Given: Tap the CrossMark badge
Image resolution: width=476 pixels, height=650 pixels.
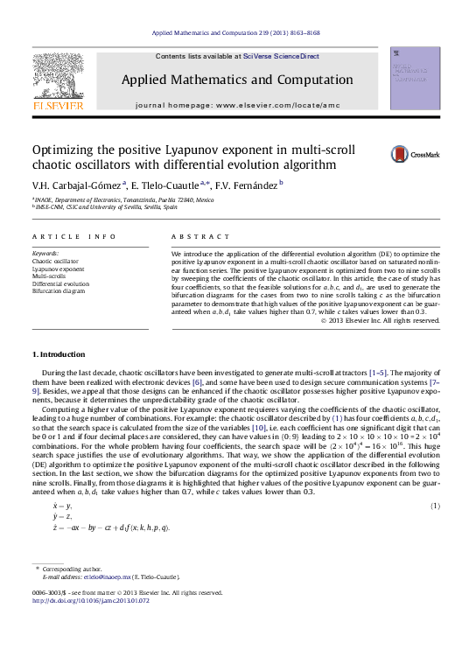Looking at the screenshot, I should click(415, 154).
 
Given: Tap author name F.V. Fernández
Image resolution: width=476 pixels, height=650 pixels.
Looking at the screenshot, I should click(247, 185).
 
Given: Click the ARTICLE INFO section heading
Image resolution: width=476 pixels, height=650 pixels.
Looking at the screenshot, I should click(73, 237).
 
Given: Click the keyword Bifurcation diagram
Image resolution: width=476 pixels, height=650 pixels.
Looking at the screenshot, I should click(59, 290).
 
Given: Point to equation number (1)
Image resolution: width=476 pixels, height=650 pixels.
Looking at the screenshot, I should click(435, 507).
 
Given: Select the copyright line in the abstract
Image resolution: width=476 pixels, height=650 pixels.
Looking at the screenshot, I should click(381, 320).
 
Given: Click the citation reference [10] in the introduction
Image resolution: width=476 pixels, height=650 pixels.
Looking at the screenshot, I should click(259, 427).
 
